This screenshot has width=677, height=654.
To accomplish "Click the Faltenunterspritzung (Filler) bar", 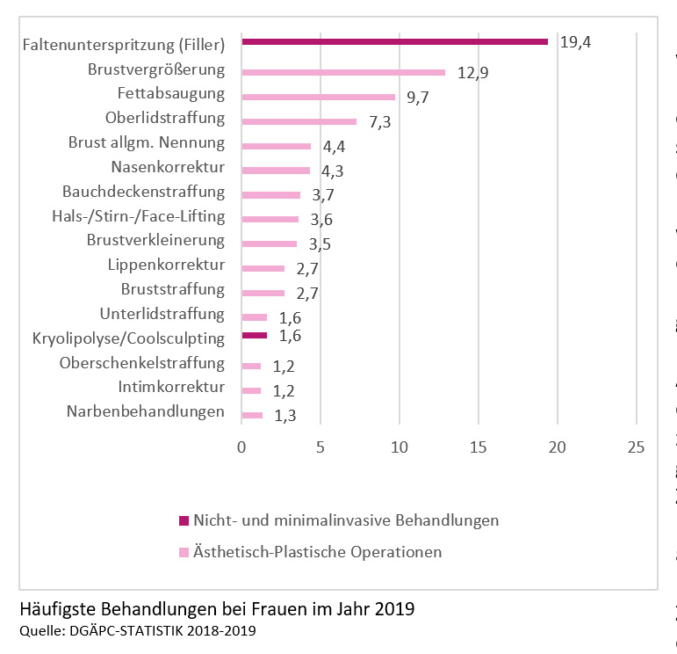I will (394, 41).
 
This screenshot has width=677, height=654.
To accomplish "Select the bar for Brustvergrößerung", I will (343, 72).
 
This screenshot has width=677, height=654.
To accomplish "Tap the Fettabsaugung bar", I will (318, 97).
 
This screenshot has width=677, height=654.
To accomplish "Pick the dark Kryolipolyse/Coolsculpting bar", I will (255, 335).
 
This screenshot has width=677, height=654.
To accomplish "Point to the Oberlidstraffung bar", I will (299, 121).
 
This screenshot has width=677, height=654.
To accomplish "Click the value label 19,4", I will (575, 41).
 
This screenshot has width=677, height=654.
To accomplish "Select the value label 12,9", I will (472, 72).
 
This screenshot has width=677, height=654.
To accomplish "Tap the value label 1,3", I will (284, 416).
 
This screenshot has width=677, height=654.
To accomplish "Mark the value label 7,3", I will (379, 122).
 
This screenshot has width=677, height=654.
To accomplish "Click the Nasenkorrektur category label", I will (168, 167).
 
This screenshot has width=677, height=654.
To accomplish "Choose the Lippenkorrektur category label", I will (166, 265).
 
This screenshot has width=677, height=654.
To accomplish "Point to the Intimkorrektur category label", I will (171, 387).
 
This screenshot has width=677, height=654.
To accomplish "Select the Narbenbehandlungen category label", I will (146, 411).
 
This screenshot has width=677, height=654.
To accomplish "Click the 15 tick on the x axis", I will (479, 447).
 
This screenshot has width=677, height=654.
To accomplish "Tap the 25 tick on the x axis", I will (636, 447).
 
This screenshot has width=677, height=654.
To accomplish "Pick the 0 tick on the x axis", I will (241, 447).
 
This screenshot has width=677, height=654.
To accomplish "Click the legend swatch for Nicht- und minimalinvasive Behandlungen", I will (184, 520).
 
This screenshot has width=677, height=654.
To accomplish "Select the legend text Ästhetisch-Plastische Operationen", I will (317, 552).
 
